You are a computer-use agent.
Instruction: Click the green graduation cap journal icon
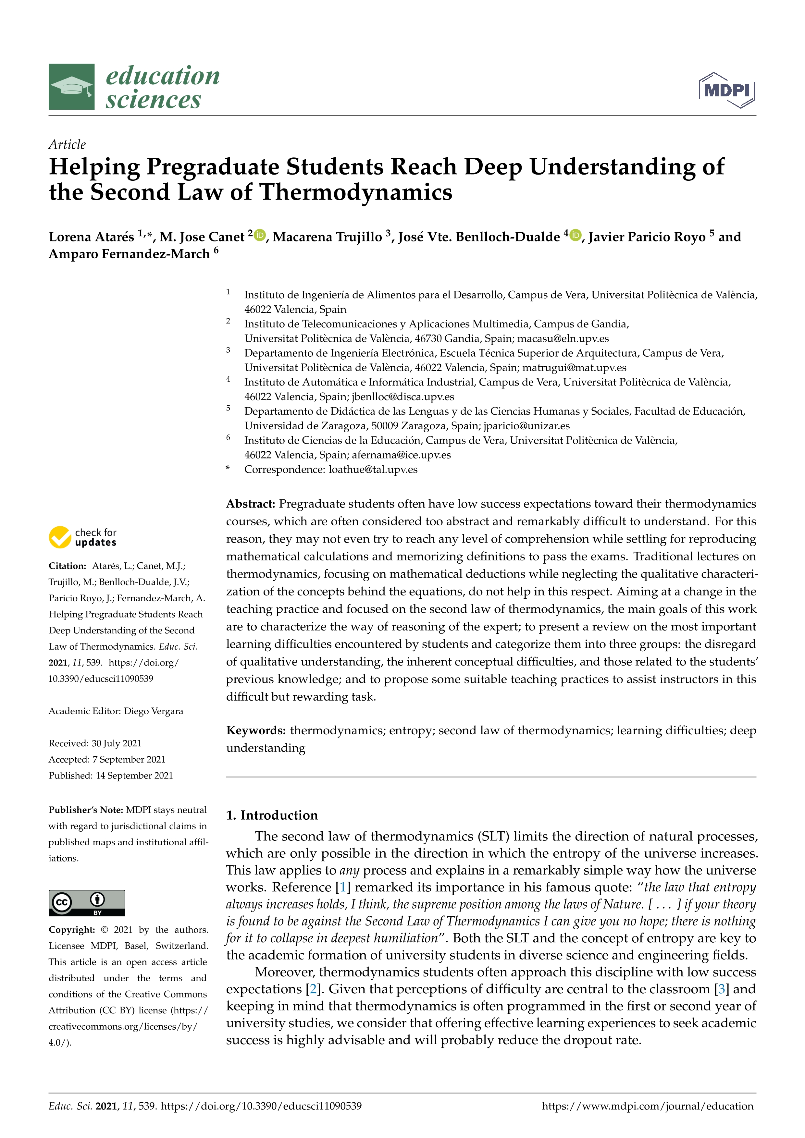click(71, 87)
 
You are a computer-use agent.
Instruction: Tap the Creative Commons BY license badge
click(87, 902)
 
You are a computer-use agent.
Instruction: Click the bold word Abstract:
click(250, 504)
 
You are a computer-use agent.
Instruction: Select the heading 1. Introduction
click(272, 815)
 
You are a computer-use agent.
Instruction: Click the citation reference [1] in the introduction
click(342, 887)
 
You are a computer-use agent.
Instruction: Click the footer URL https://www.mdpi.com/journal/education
click(647, 1106)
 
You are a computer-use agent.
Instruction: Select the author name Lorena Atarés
click(91, 237)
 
